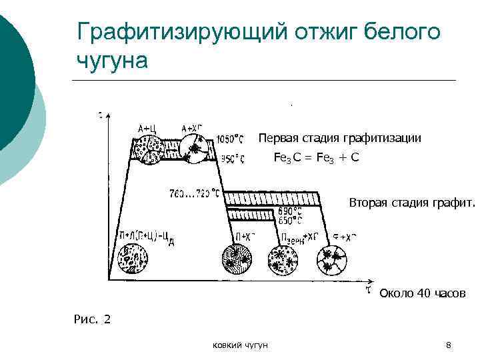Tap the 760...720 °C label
click(195, 194)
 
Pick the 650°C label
click(286, 220)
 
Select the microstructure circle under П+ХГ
click(239, 260)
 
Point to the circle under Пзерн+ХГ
click(285, 260)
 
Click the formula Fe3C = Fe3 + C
click(317, 157)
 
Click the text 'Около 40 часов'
click(422, 294)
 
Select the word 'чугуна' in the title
click(111, 60)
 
